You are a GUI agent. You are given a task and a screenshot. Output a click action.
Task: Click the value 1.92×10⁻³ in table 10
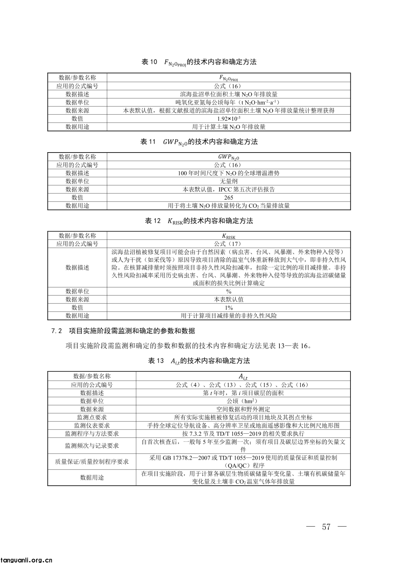click(x=228, y=119)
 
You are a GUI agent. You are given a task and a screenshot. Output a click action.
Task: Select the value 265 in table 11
click(x=228, y=198)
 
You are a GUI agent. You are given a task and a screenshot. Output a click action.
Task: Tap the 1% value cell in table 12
click(x=228, y=308)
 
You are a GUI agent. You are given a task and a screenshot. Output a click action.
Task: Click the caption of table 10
click(x=199, y=62)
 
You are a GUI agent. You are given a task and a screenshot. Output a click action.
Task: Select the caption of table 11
click(x=199, y=142)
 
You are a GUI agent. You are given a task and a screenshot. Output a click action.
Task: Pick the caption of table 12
click(x=199, y=221)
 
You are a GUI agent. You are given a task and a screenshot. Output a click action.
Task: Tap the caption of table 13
click(x=199, y=361)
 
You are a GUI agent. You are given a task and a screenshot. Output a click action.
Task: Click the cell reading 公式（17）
click(x=228, y=244)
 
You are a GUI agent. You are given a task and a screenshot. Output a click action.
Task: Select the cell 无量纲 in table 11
click(x=228, y=181)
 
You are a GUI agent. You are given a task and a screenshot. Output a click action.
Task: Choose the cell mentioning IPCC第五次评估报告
click(x=228, y=189)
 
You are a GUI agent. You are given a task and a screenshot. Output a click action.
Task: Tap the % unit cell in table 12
click(x=228, y=291)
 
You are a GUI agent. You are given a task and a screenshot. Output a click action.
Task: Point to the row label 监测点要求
click(x=92, y=417)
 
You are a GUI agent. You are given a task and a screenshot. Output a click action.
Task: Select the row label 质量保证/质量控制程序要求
click(x=92, y=461)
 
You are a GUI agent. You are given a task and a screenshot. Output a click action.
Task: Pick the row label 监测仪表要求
click(x=92, y=426)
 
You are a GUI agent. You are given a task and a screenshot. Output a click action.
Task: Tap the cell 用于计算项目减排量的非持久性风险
click(x=228, y=316)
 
